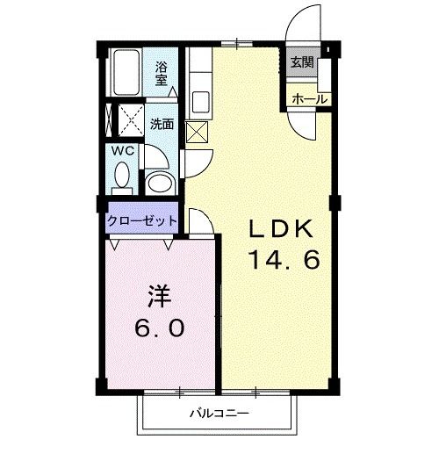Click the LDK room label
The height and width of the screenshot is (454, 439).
click(x=280, y=228)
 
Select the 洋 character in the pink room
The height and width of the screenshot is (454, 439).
click(x=159, y=295)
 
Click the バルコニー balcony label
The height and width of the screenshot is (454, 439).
click(x=219, y=413)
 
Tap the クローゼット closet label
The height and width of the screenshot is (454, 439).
click(x=142, y=221)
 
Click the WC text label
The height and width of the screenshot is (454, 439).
click(x=122, y=151)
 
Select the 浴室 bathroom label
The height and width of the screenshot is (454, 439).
click(x=163, y=73)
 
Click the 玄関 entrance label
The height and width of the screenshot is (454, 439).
click(x=301, y=62)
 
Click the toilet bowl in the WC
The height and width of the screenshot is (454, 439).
click(x=121, y=178)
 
